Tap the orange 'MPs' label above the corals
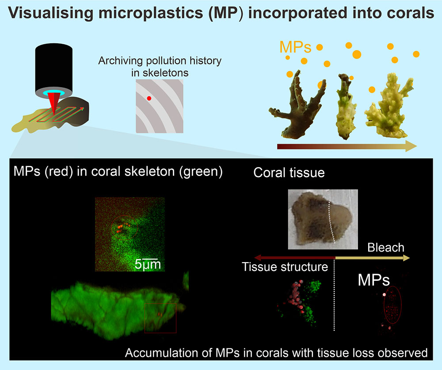(x=295, y=47)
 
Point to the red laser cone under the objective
(x=53, y=103)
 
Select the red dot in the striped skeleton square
(x=149, y=98)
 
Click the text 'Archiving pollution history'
(x=160, y=61)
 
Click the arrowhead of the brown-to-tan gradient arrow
(x=411, y=146)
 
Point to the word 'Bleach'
(x=385, y=248)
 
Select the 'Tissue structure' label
(x=285, y=267)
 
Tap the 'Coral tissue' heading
(x=289, y=172)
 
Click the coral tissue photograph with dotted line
(x=323, y=219)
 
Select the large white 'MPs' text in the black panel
(x=374, y=280)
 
